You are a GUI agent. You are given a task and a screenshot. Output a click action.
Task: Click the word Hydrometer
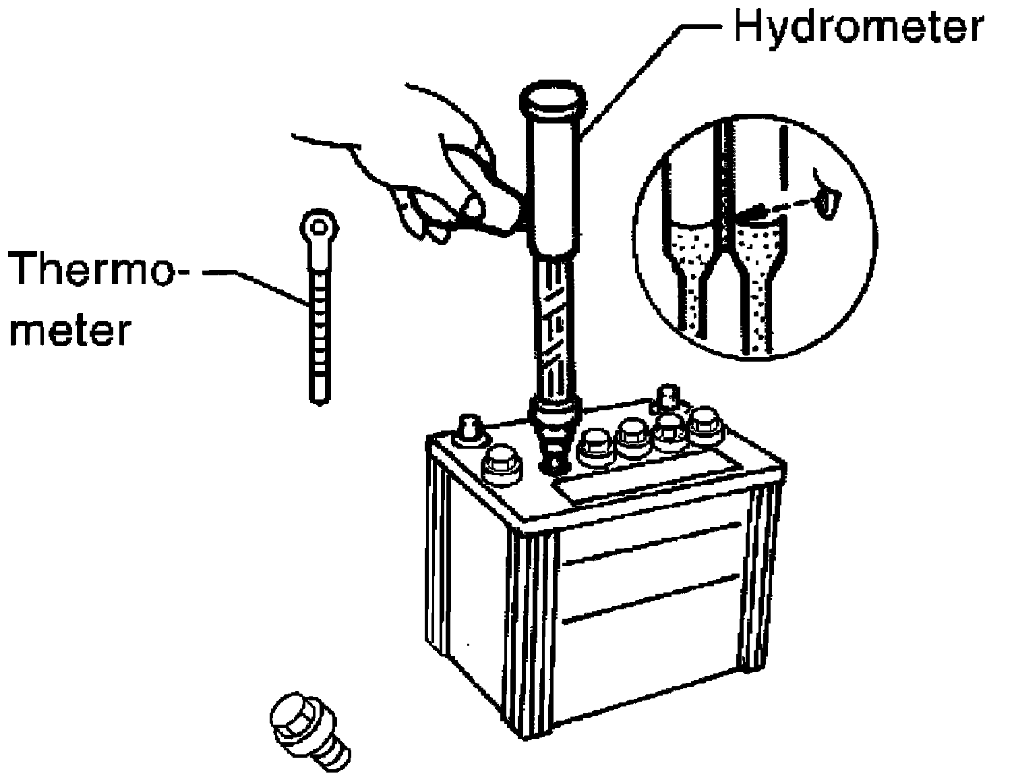point(857,28)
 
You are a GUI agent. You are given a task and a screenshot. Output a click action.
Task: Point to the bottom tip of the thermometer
point(320,398)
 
